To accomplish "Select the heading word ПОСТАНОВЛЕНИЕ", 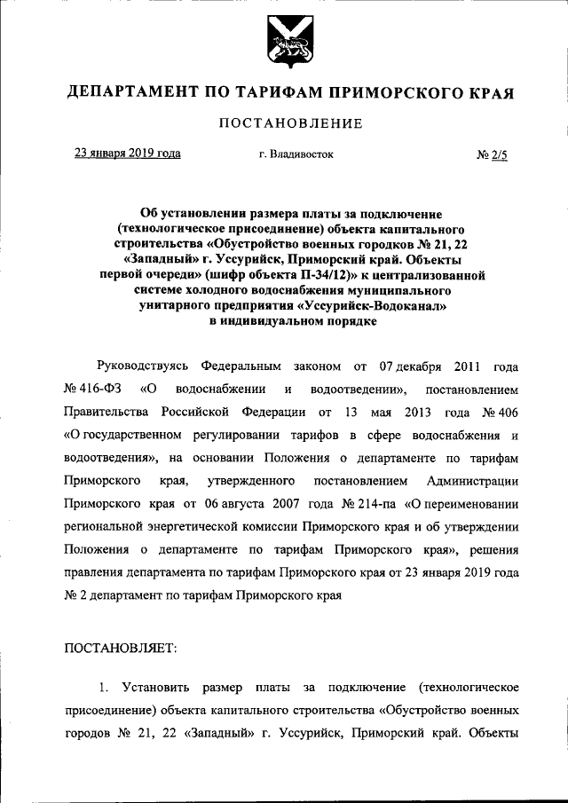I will pyautogui.click(x=290, y=123).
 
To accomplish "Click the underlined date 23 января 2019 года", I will pyautogui.click(x=127, y=154).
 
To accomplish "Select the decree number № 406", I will pyautogui.click(x=499, y=413).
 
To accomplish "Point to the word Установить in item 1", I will pyautogui.click(x=154, y=689).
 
